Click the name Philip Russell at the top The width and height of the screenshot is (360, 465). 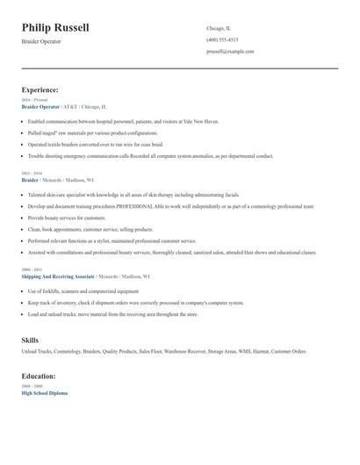(x=55, y=27)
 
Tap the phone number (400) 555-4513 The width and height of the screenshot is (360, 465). (x=222, y=39)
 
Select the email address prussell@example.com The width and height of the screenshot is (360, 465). (x=230, y=51)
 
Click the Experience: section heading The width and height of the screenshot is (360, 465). (x=40, y=89)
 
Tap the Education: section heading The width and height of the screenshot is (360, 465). (x=39, y=376)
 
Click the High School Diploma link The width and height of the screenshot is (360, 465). (x=44, y=393)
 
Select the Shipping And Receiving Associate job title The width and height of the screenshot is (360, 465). (x=58, y=275)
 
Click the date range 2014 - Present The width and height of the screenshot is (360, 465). (x=35, y=100)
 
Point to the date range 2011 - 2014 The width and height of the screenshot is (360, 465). (x=31, y=173)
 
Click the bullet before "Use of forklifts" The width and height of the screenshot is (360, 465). (x=23, y=290)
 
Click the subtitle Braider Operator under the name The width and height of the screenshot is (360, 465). (x=41, y=41)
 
